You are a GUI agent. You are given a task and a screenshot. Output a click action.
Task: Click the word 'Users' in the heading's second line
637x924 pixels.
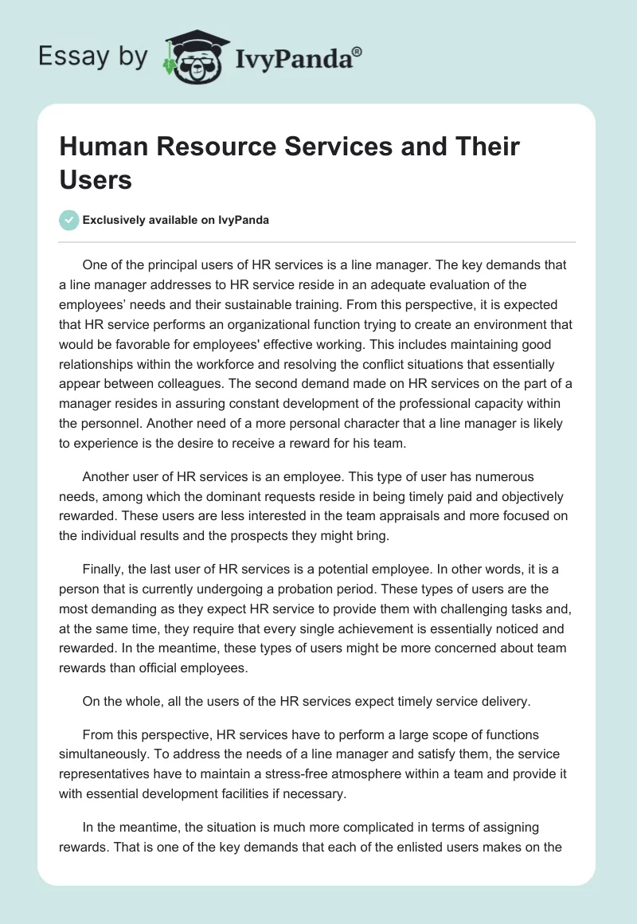click(95, 180)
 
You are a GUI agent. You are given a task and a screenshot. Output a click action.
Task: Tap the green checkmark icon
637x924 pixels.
click(69, 220)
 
